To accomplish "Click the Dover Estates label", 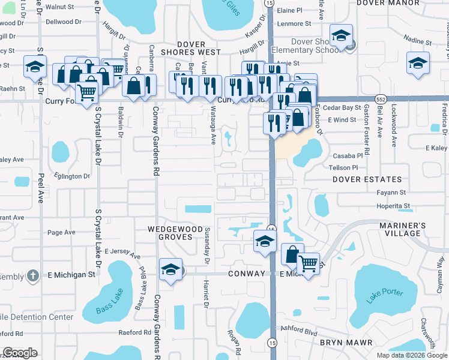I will (367, 179).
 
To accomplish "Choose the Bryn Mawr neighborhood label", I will (346, 343).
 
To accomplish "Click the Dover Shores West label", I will (194, 48).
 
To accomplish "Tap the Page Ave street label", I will (61, 232).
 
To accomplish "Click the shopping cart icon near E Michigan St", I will (308, 262).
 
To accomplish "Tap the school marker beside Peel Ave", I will (35, 66).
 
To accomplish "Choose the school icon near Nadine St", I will (418, 63).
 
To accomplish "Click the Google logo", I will (20, 353).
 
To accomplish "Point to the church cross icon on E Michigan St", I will (34, 275).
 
